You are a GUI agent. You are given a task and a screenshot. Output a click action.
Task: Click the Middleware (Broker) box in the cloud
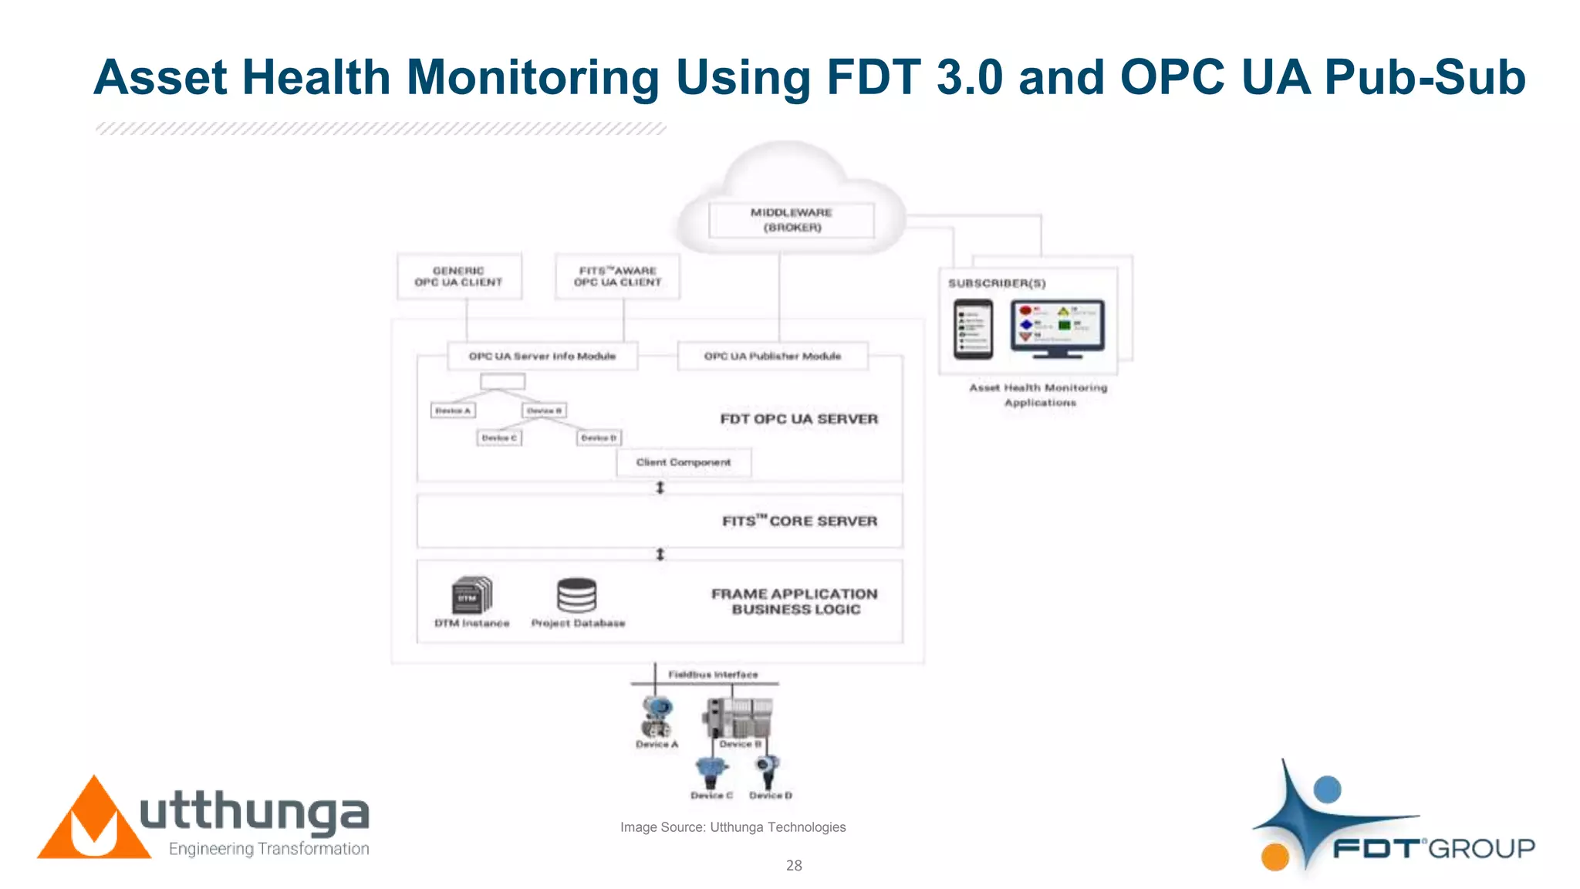point(792,220)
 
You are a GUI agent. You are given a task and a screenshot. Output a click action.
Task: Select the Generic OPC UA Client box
point(459,276)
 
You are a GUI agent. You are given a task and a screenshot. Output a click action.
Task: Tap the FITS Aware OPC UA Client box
point(617,276)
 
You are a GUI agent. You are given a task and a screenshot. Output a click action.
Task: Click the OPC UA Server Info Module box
point(542,356)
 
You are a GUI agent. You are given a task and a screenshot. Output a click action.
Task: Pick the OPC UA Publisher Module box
point(772,356)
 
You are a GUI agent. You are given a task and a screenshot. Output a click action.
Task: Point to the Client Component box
point(684,462)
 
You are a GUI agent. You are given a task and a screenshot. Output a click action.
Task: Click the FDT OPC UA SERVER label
point(798,419)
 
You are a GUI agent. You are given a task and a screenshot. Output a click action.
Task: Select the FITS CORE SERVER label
point(799,521)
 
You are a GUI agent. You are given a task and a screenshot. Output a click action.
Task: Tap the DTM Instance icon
point(471,595)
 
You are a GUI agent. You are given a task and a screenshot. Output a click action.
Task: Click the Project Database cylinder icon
point(577,595)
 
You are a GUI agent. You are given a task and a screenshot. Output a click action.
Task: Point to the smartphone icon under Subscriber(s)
point(973,330)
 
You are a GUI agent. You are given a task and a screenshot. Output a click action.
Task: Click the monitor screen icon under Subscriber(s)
point(1058,328)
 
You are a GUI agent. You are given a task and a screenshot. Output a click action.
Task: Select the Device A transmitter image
point(657,717)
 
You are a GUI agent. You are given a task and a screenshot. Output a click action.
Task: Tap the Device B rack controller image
point(738,717)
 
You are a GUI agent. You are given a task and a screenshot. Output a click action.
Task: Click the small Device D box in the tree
point(599,438)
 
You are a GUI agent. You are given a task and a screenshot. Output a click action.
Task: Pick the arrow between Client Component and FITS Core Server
point(660,488)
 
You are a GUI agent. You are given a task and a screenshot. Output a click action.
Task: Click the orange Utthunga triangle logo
point(94,823)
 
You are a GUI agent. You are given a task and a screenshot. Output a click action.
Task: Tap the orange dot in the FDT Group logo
point(1275,857)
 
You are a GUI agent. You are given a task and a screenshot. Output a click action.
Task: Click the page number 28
point(794,866)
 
